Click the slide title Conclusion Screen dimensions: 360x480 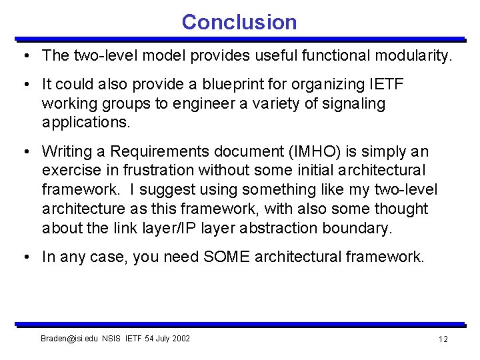coord(239,22)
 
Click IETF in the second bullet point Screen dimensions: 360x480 coord(386,85)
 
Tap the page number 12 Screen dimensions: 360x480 coord(443,339)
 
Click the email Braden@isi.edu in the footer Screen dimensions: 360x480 coord(70,339)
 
